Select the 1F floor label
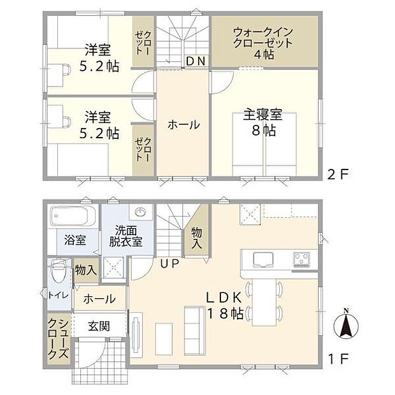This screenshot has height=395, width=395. (x=338, y=359)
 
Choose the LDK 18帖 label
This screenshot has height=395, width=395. (x=222, y=305)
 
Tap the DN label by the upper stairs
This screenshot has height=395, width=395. (x=195, y=61)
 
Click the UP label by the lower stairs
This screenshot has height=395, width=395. (x=169, y=262)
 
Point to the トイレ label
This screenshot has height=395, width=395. (x=55, y=294)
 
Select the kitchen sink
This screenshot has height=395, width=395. (x=261, y=259)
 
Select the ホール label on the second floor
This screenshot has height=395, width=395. (x=183, y=125)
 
